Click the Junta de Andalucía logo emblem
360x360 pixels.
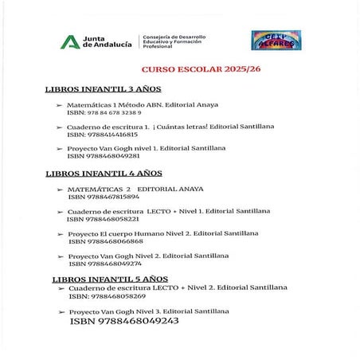69,42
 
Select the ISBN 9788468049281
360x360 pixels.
108,155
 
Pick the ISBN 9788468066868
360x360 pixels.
105,241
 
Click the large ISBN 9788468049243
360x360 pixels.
124,321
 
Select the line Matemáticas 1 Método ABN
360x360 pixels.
142,104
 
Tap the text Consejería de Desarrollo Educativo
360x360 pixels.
174,41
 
